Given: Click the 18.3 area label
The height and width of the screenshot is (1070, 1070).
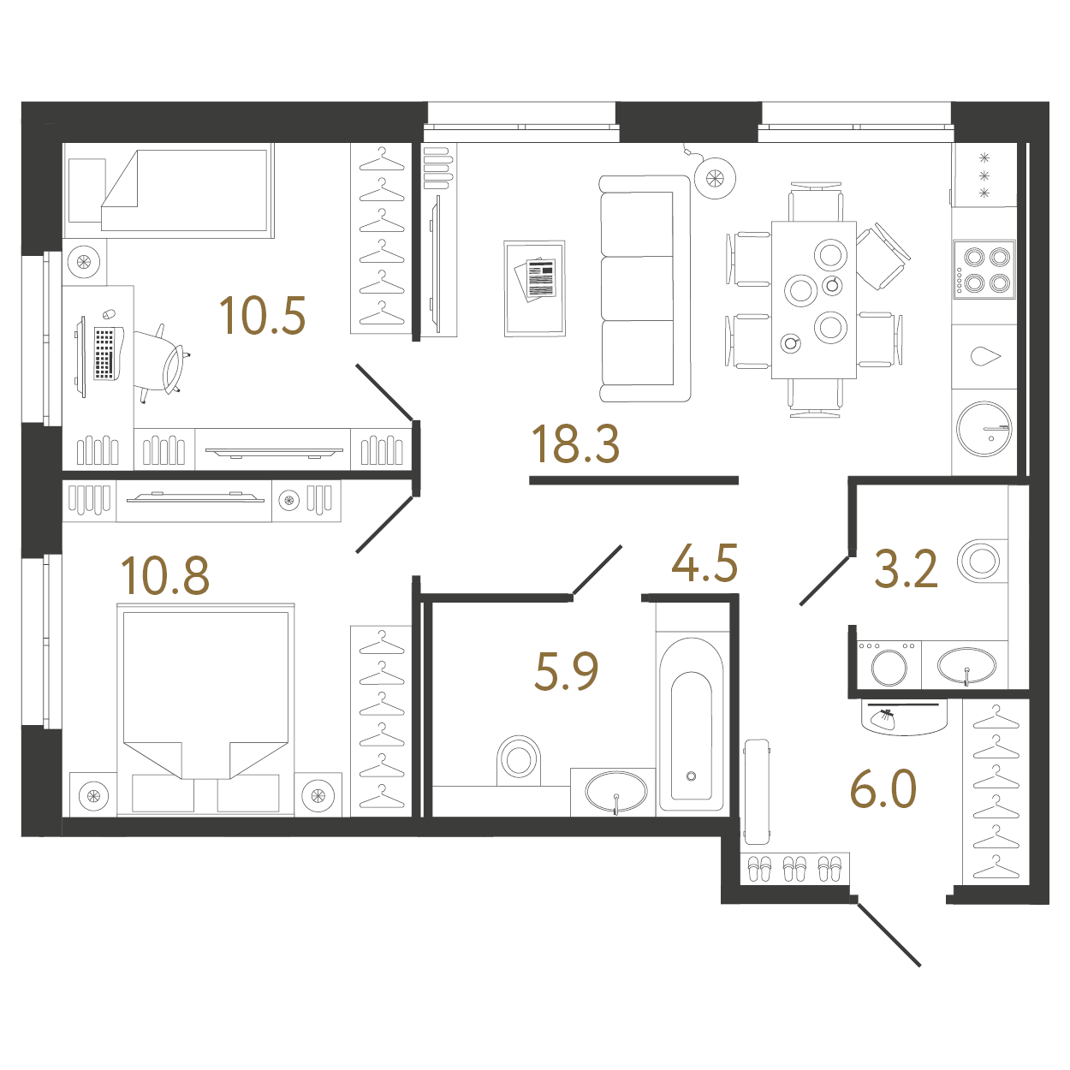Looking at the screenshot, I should click(574, 445).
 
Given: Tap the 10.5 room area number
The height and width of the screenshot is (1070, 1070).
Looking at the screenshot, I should click(262, 316).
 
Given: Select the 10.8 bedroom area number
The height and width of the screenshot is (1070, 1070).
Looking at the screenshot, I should click(165, 575).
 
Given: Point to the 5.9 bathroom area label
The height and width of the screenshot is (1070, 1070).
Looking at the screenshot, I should click(566, 671).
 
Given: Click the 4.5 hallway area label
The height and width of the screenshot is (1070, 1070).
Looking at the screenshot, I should click(704, 564).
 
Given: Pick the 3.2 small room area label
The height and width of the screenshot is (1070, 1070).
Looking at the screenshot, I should click(906, 569).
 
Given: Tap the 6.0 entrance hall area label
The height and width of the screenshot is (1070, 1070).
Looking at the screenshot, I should click(883, 789).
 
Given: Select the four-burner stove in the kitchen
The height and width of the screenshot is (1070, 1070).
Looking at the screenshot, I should click(984, 270).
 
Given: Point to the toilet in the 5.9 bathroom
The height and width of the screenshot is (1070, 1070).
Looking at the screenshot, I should click(519, 758).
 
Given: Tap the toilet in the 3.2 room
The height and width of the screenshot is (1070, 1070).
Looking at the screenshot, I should click(981, 562).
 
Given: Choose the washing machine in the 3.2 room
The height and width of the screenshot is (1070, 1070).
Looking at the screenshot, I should click(889, 665).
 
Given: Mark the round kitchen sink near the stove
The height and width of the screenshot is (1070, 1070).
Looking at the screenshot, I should click(984, 429).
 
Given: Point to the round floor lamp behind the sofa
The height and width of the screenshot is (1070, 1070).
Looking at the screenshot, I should click(715, 178).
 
